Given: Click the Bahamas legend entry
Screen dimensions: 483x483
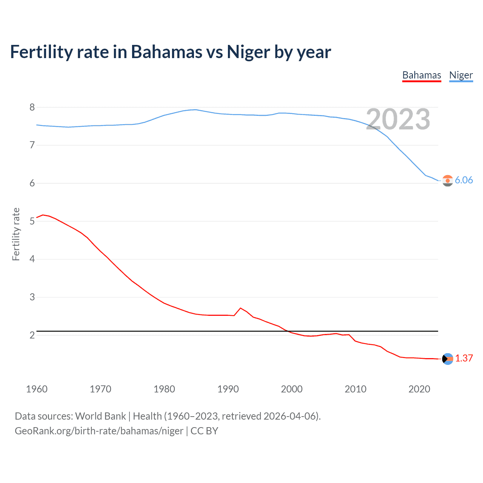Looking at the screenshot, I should click(421, 75).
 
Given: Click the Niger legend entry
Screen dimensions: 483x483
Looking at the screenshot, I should click(461, 75).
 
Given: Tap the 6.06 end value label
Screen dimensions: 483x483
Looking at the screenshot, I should click(464, 180).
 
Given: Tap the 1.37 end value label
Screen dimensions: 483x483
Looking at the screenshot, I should click(464, 358).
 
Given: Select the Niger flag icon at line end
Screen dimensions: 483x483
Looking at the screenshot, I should click(448, 181).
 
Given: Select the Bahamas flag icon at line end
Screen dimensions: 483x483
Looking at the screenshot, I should click(448, 359).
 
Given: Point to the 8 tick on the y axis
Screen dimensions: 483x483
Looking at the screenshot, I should click(32, 107).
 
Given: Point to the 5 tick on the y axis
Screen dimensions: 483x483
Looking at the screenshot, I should click(32, 221).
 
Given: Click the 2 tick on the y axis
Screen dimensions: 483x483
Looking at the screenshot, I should click(32, 335).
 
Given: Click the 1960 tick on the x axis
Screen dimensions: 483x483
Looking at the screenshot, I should click(37, 389).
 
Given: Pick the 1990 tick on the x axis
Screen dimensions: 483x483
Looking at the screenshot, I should click(228, 389).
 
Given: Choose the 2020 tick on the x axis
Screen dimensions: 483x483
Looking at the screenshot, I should click(419, 389).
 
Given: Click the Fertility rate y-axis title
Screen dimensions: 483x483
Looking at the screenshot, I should click(16, 234).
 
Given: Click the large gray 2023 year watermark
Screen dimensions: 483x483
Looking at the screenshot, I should click(398, 119).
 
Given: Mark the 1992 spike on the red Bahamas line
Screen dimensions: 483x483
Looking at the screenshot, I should click(241, 308).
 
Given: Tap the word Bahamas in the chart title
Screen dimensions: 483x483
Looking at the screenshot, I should click(166, 52).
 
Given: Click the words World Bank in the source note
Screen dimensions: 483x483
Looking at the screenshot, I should click(100, 416).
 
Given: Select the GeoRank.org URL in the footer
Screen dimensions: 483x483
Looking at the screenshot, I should click(99, 431).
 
